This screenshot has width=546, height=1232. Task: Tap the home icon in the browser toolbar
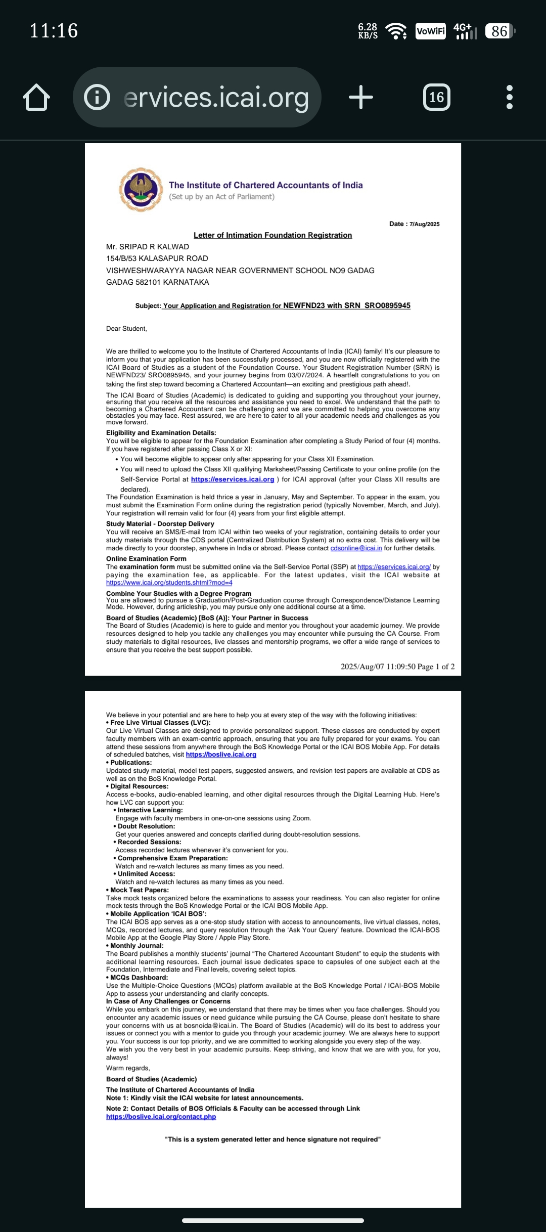(x=36, y=98)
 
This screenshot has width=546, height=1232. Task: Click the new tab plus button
(x=361, y=97)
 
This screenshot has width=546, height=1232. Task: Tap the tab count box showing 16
(x=436, y=97)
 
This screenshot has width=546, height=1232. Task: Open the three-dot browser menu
(x=509, y=97)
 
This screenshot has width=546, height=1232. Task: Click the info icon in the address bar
(x=97, y=97)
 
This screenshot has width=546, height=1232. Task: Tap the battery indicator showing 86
(x=499, y=31)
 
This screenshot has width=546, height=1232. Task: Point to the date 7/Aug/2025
(x=424, y=224)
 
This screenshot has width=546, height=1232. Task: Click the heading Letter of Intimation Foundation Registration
(x=272, y=235)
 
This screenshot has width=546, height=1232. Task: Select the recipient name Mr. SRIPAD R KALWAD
(x=148, y=247)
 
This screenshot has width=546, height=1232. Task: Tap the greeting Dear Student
(x=126, y=329)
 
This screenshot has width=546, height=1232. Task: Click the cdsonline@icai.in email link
(x=356, y=548)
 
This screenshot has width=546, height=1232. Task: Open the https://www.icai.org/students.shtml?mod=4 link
(x=169, y=583)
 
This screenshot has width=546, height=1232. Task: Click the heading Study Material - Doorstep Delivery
(x=160, y=524)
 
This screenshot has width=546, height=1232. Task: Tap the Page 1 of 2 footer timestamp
(x=397, y=667)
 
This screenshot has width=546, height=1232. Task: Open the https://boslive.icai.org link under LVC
(x=221, y=755)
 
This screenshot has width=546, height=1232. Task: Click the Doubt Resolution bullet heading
(x=146, y=826)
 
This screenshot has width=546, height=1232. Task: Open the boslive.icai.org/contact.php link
(x=161, y=1117)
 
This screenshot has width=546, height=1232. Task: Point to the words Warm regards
(x=127, y=1068)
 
